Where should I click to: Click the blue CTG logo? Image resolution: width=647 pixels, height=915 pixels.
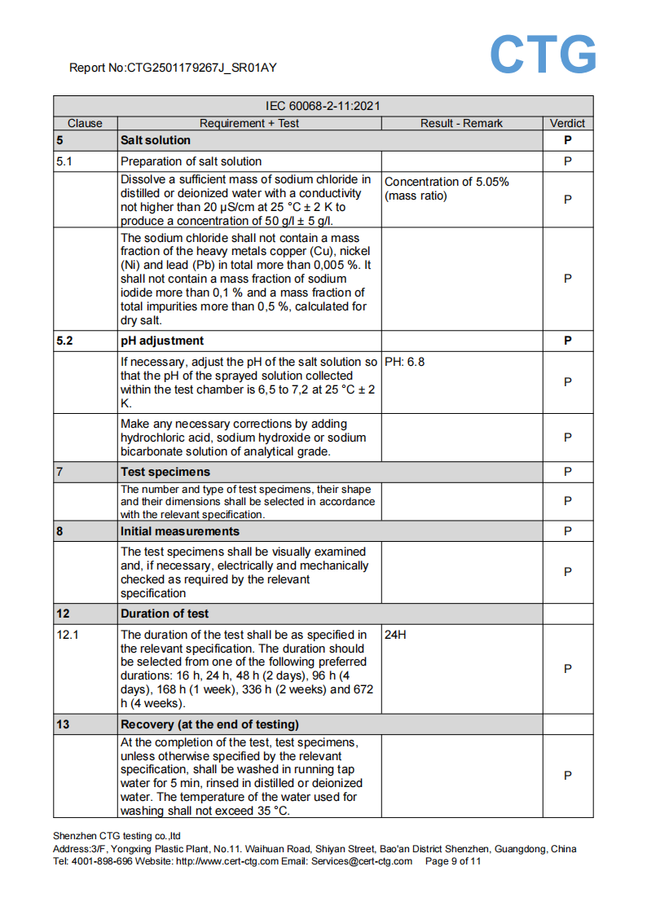[543, 55]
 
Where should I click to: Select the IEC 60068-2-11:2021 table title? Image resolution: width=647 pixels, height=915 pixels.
[323, 106]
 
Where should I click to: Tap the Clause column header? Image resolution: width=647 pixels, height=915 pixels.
[85, 124]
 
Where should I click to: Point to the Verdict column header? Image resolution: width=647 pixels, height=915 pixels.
[567, 124]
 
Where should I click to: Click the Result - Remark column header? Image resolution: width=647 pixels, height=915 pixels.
[461, 124]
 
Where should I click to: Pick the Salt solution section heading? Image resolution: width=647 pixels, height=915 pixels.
[156, 140]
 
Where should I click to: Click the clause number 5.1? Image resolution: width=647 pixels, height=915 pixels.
[64, 161]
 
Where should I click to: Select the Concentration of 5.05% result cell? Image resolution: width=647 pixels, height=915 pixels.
[447, 189]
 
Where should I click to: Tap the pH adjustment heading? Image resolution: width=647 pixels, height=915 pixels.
[162, 341]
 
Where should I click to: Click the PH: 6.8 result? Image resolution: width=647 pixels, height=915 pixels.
[404, 362]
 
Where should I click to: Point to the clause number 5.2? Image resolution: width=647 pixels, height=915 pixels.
[65, 341]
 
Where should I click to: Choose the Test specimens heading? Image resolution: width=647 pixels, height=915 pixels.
[165, 472]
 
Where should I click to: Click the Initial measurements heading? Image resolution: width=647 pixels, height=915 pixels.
[180, 531]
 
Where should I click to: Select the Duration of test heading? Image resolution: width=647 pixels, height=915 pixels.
[165, 614]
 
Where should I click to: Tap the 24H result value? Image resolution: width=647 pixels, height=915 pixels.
[395, 635]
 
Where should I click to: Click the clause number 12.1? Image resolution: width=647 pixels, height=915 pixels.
[68, 635]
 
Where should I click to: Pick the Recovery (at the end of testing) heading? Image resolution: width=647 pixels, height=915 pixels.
[209, 724]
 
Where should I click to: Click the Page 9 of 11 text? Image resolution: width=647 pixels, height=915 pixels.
[453, 861]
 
